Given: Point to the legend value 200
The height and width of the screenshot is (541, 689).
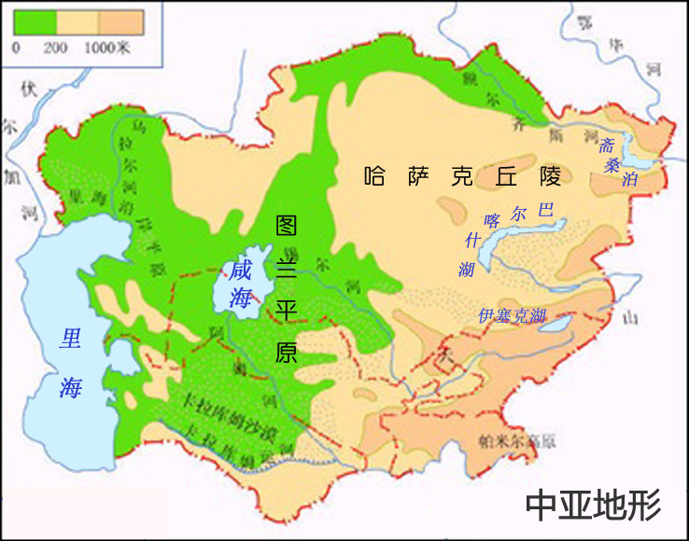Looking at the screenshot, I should [55, 46].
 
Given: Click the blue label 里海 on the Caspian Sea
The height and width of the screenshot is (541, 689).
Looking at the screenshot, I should [70, 363].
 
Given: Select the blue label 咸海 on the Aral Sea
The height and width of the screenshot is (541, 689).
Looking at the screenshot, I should [242, 284].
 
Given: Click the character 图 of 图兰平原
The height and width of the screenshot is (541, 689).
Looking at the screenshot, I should [288, 227].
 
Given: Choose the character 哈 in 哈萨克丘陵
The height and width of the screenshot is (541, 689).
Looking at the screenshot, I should [375, 176].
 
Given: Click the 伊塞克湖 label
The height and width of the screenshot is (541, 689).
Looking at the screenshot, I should [511, 315].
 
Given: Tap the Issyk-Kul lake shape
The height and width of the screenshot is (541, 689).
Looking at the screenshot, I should [557, 324].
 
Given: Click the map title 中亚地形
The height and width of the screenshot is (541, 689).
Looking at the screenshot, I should [593, 505].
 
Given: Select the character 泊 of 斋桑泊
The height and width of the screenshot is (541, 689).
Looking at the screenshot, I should [630, 179].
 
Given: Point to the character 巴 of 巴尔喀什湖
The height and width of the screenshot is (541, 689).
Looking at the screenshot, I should [547, 211].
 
